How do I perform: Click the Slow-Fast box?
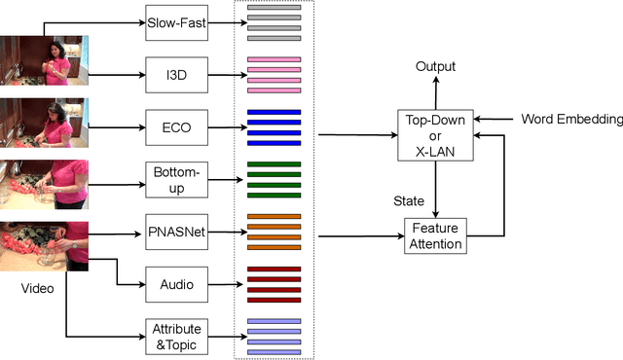pos(177,19)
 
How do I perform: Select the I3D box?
pos(177,73)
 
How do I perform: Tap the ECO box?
pos(177,126)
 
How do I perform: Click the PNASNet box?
pos(177,234)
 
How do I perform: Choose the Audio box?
pos(177,285)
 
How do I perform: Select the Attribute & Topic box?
pos(177,335)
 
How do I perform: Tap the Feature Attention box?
pos(436,236)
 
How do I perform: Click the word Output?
pos(435,66)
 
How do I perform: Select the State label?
pos(408,201)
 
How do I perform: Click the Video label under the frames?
pos(39,289)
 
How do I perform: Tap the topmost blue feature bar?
pos(274,113)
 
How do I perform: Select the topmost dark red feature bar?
pos(274,270)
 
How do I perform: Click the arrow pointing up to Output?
pos(435,91)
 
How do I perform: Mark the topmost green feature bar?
pos(274,164)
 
